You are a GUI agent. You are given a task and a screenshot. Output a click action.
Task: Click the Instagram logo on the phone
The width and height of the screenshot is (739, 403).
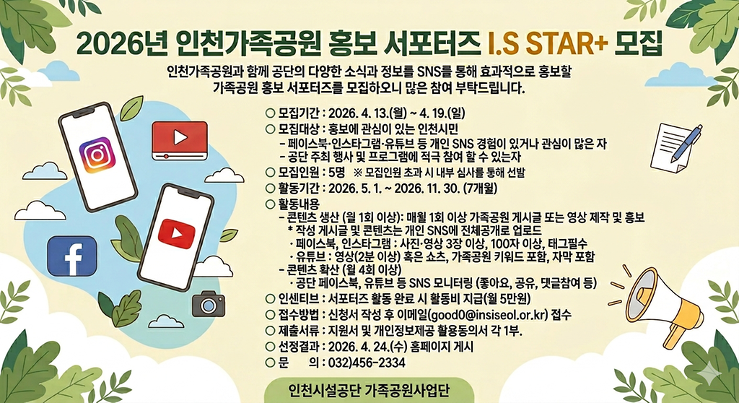(97, 155)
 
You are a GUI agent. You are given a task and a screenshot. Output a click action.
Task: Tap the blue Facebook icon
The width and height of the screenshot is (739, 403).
(72, 256)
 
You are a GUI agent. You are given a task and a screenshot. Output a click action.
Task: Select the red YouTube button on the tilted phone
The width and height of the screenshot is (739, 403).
(176, 233)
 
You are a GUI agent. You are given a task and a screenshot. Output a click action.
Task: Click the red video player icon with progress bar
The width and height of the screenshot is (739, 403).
(180, 140)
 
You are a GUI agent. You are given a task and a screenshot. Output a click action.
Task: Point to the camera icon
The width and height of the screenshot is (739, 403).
(209, 305)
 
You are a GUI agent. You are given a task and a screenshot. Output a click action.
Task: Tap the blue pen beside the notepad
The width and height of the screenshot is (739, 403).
(687, 143)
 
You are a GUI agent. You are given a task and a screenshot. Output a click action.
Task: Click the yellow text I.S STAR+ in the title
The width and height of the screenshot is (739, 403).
(548, 43)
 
